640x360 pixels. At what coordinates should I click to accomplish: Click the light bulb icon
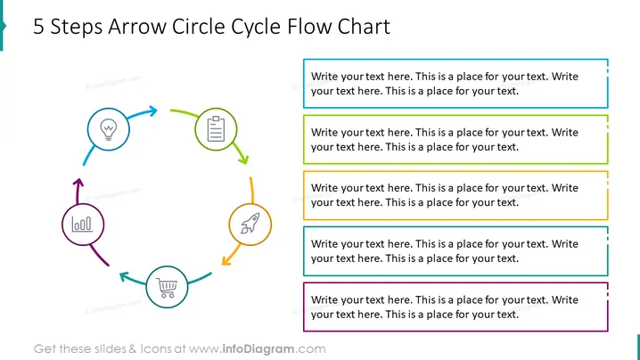[x=109, y=129]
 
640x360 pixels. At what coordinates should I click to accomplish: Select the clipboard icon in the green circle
[x=216, y=129]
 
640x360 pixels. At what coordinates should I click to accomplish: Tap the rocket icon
[x=250, y=224]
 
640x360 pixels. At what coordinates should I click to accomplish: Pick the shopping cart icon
[x=167, y=288]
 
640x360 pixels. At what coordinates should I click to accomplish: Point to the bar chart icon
[x=82, y=224]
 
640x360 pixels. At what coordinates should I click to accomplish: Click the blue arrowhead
[x=152, y=110]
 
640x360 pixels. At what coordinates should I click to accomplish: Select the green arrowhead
[x=243, y=160]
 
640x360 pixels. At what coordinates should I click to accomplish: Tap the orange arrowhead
[x=226, y=260]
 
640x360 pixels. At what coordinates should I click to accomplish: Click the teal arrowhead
[x=124, y=277]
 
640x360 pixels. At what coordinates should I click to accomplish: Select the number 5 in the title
[x=38, y=27]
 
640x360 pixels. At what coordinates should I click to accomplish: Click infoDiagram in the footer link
[x=258, y=349]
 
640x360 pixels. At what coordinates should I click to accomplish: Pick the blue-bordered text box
[x=455, y=84]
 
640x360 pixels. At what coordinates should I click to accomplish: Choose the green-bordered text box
[x=455, y=140]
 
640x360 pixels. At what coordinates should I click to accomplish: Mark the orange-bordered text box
[x=455, y=195]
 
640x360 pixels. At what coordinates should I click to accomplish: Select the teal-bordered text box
[x=455, y=251]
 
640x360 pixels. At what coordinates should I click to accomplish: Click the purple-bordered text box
[x=455, y=307]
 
